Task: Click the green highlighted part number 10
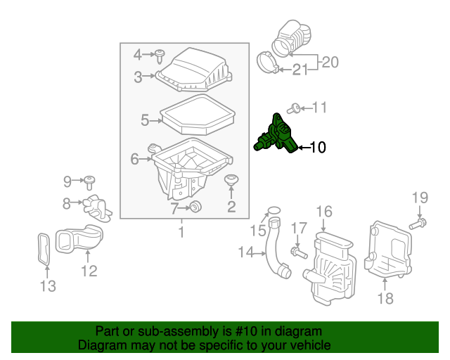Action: (x=276, y=134)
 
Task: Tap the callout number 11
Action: (x=320, y=108)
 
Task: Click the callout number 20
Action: (x=330, y=62)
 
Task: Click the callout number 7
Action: (x=174, y=208)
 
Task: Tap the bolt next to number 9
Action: (x=90, y=182)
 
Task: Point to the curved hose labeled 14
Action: (x=273, y=250)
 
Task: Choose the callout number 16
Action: (x=323, y=212)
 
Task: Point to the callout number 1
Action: (x=181, y=231)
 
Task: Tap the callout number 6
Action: (x=134, y=160)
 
